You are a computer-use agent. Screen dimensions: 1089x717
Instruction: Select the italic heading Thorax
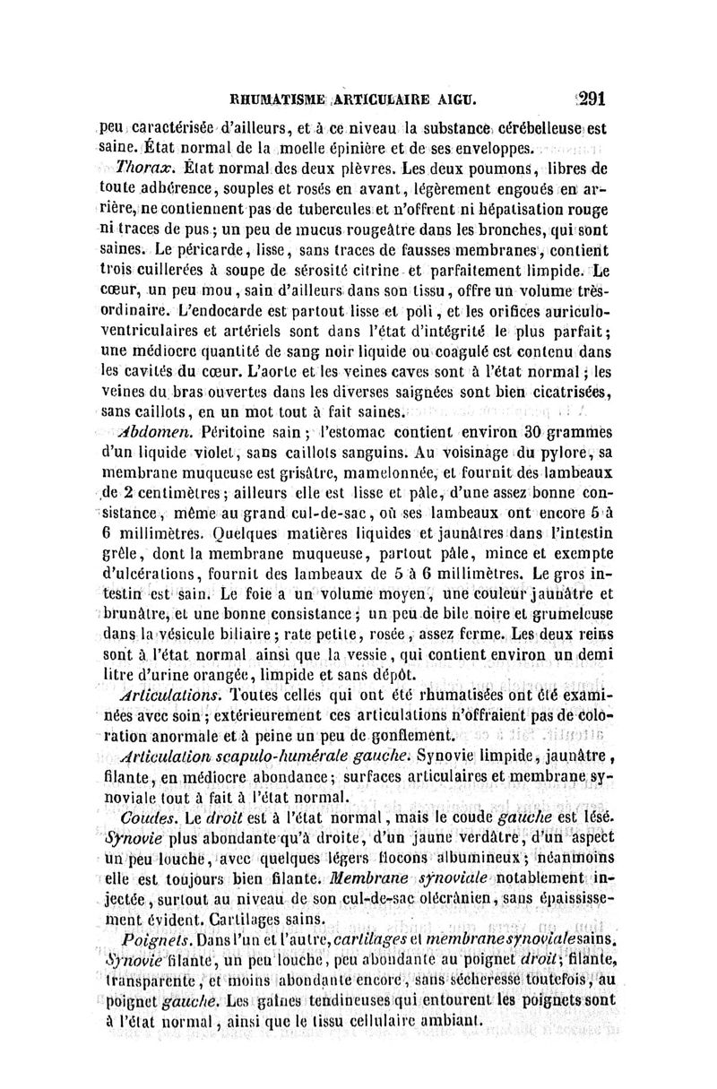(x=133, y=168)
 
